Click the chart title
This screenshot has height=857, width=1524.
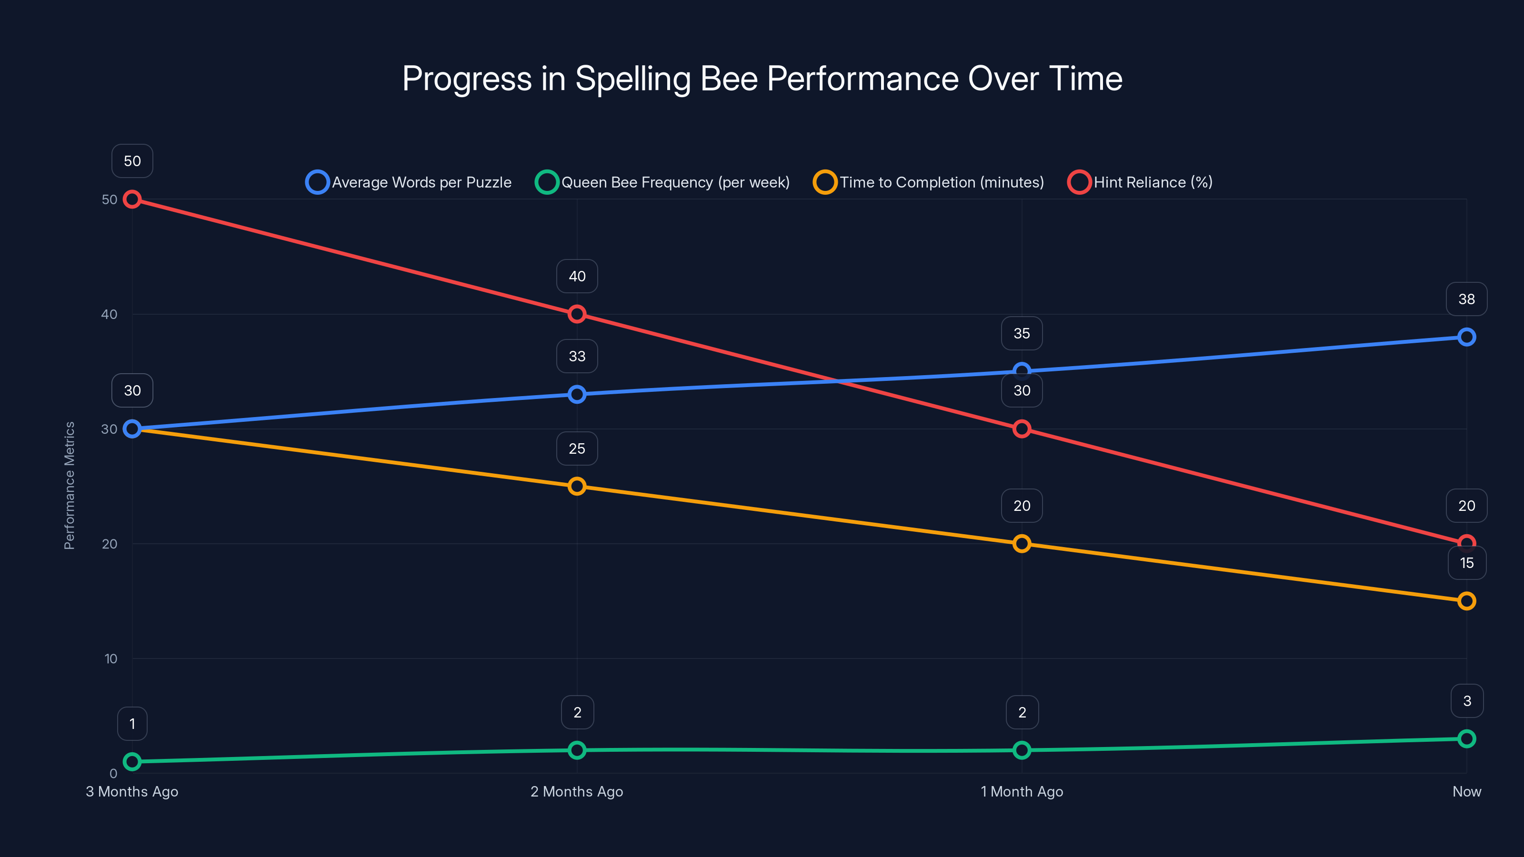pyautogui.click(x=762, y=79)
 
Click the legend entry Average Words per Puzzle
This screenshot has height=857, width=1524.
pyautogui.click(x=408, y=182)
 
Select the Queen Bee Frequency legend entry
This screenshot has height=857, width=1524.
pyautogui.click(x=662, y=182)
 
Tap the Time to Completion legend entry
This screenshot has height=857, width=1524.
pyautogui.click(x=929, y=182)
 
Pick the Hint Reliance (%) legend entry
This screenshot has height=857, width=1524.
pyautogui.click(x=1140, y=182)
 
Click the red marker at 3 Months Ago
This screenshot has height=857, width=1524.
pyautogui.click(x=132, y=199)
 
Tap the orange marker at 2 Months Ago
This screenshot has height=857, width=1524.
pyautogui.click(x=577, y=486)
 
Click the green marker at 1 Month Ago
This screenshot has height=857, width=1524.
pyautogui.click(x=1022, y=750)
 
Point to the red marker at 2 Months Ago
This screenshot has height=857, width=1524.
pyautogui.click(x=577, y=314)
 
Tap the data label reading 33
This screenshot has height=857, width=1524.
pyautogui.click(x=577, y=356)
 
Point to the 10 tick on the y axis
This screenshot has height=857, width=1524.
pyautogui.click(x=110, y=659)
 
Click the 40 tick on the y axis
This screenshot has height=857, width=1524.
pyautogui.click(x=109, y=314)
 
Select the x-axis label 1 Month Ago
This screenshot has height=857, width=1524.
pyautogui.click(x=1022, y=791)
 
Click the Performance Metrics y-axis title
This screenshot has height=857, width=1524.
pyautogui.click(x=69, y=486)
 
